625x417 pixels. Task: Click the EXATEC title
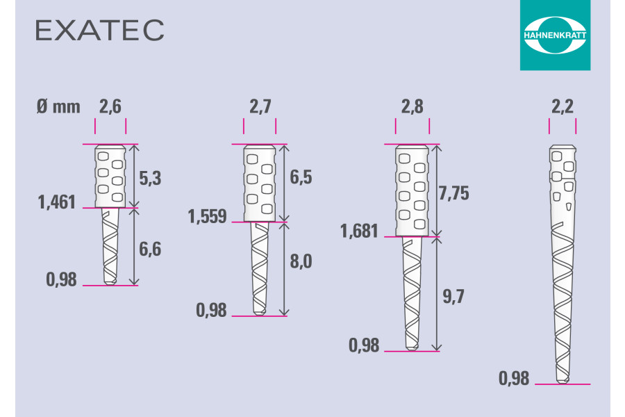[x=99, y=30]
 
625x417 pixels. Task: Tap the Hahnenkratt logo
[x=555, y=35]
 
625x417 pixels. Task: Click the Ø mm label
[x=57, y=107]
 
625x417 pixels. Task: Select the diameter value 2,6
[x=110, y=107]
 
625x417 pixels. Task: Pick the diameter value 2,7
[x=260, y=107]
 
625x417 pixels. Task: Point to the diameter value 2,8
[x=412, y=107]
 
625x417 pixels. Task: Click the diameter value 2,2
[x=562, y=107]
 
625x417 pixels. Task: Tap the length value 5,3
[x=150, y=179]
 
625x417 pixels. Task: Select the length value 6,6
[x=150, y=248]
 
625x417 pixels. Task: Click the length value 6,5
[x=301, y=178]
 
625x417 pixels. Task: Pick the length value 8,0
[x=301, y=262]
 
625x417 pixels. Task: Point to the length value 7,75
[x=454, y=193]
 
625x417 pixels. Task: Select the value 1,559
[x=207, y=217]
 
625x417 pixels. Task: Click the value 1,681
[x=360, y=231]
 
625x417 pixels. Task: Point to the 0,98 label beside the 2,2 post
[x=515, y=379]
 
